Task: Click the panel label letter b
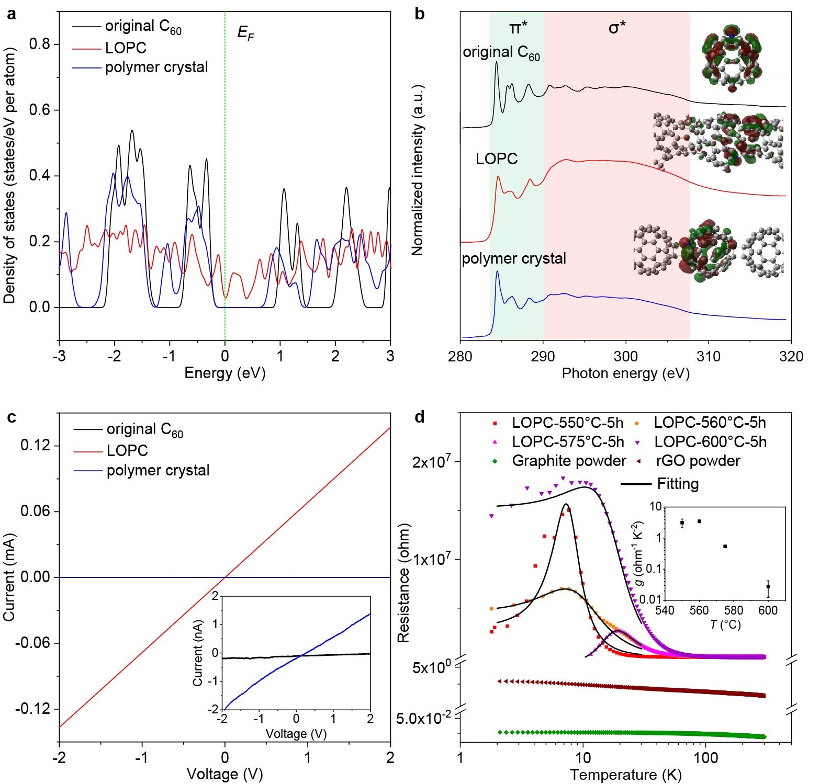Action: (x=419, y=14)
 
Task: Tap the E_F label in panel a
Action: (x=245, y=33)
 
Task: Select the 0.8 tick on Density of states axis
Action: (x=39, y=44)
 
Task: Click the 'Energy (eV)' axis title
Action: (x=224, y=373)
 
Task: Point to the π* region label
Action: (x=518, y=28)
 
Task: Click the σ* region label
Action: (x=617, y=28)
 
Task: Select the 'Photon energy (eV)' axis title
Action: (x=625, y=373)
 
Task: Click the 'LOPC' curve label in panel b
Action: (x=496, y=158)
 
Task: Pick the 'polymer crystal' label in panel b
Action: (x=513, y=258)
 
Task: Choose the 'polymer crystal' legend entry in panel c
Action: (x=158, y=470)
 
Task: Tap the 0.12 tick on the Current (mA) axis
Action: (x=35, y=446)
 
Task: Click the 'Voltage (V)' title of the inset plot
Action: (x=296, y=734)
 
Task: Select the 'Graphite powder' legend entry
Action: (x=568, y=461)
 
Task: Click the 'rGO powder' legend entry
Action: (x=698, y=461)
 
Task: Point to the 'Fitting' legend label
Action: (x=678, y=484)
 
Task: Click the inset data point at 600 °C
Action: (x=768, y=587)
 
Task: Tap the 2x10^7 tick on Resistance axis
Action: (x=431, y=462)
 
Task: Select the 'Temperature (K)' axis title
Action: (x=625, y=775)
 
